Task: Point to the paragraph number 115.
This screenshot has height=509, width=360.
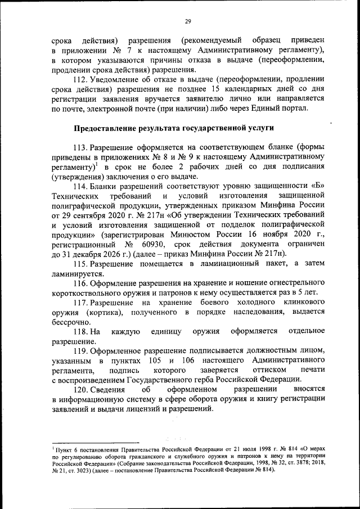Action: click(x=80, y=264)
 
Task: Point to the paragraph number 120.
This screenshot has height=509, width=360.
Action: click(x=80, y=389)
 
